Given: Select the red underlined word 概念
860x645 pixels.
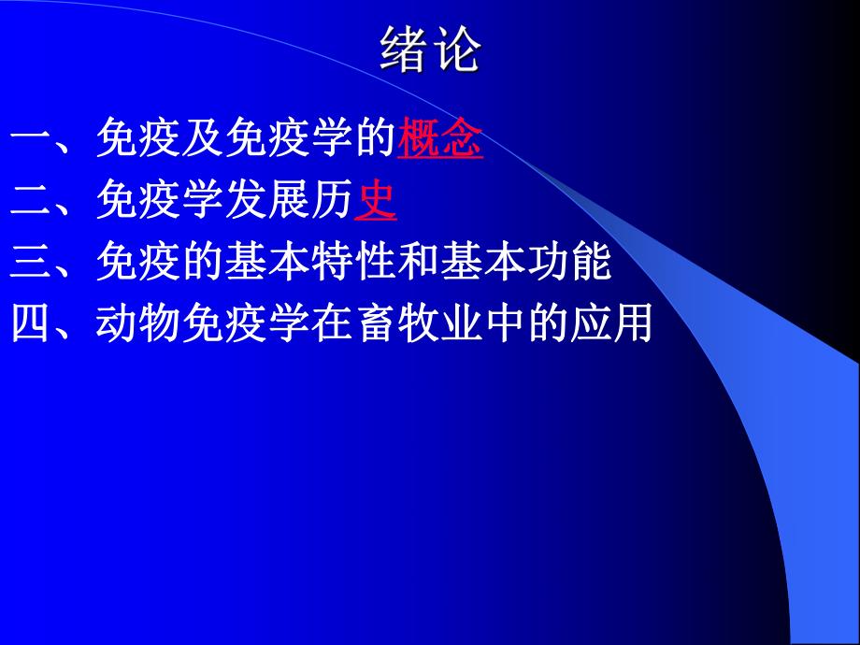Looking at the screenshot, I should click(440, 141).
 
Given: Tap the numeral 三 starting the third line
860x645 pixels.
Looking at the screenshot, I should click(32, 264).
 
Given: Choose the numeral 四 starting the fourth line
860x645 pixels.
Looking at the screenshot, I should click(32, 324).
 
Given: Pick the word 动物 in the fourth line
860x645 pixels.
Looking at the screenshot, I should click(138, 324).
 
